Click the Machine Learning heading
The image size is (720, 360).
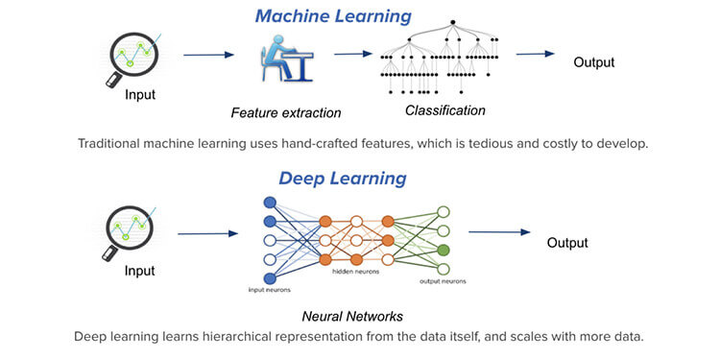point(333,16)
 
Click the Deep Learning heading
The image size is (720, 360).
point(342,179)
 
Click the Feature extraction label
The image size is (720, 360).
point(286,113)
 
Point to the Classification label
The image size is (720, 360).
point(444,110)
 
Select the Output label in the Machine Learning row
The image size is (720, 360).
point(593,63)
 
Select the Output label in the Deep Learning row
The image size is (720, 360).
point(567,242)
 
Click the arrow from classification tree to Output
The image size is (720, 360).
point(537,54)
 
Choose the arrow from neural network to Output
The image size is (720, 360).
point(498,231)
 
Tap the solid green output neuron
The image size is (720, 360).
point(443,251)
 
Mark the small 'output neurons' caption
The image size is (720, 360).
point(443,281)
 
